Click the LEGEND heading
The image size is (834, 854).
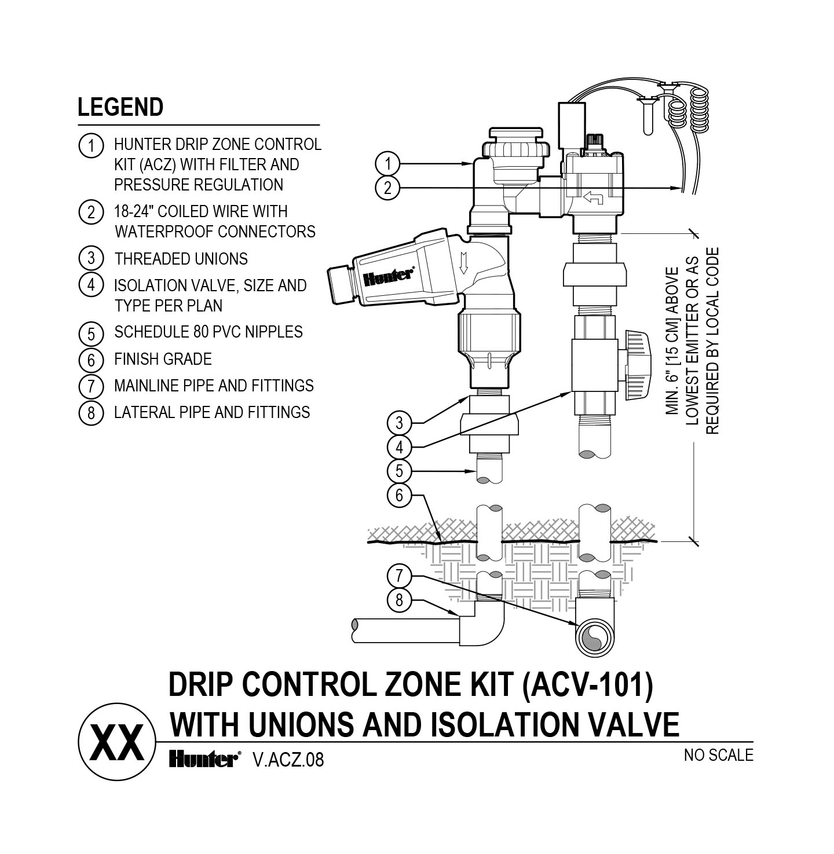pyautogui.click(x=120, y=107)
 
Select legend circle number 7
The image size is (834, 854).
pyautogui.click(x=91, y=385)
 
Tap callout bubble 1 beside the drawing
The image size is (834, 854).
pyautogui.click(x=387, y=164)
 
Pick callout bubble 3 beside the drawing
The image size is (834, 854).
pyautogui.click(x=399, y=423)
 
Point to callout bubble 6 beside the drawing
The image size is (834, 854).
pyautogui.click(x=399, y=495)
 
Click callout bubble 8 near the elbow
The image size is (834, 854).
pyautogui.click(x=399, y=600)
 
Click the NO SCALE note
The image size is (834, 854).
pyautogui.click(x=718, y=755)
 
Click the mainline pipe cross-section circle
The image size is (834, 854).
pyautogui.click(x=595, y=638)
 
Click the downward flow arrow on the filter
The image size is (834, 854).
pyautogui.click(x=463, y=265)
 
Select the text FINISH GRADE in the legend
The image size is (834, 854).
pyautogui.click(x=163, y=359)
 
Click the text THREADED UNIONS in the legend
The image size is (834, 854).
pyautogui.click(x=181, y=259)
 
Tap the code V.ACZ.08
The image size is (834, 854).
pyautogui.click(x=288, y=760)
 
